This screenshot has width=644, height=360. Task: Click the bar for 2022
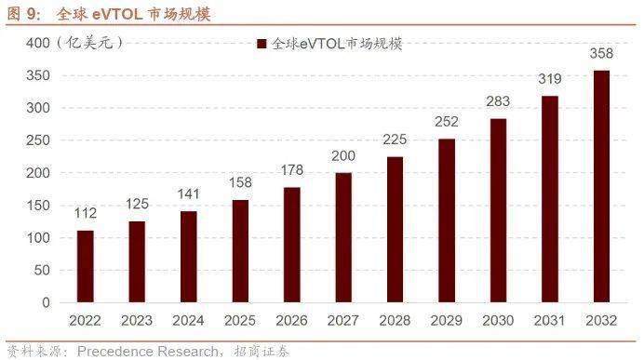(86, 266)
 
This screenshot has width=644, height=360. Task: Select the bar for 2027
(343, 237)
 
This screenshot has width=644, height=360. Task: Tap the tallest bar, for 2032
(602, 186)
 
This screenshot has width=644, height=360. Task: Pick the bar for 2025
(240, 251)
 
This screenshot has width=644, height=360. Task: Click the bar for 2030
(499, 210)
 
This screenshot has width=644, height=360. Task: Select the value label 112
(86, 214)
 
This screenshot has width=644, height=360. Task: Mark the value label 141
(189, 194)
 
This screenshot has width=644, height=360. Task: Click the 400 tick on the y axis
(36, 43)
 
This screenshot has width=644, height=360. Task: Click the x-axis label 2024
(189, 321)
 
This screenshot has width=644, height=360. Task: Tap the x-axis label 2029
(447, 321)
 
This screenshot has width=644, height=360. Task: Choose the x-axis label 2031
(550, 321)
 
